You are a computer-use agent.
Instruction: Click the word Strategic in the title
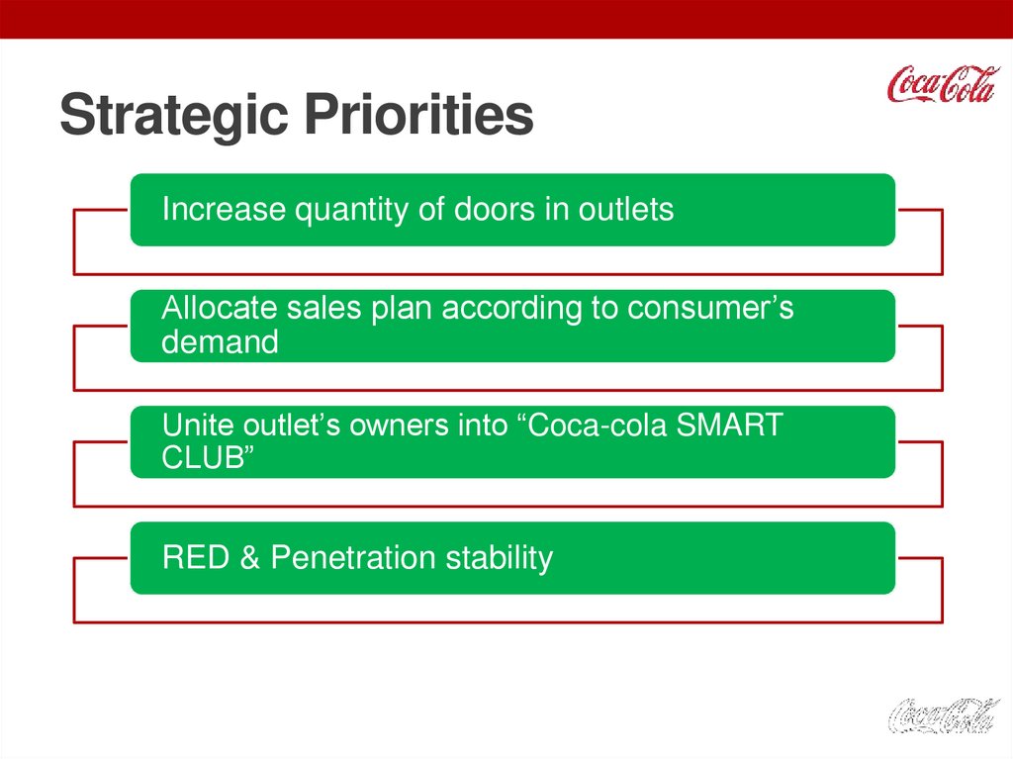pos(174,115)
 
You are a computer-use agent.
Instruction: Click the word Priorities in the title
pos(418,114)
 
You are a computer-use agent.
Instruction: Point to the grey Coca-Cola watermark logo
pos(943,715)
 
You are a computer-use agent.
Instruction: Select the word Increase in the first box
pos(224,210)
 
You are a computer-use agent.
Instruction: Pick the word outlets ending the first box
pos(625,210)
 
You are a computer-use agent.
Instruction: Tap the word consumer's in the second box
pos(710,309)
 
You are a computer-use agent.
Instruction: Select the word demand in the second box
pos(220,342)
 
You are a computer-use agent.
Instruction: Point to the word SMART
pos(729,426)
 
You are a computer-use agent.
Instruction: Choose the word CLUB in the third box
pos(203,458)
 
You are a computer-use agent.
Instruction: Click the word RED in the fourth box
pos(196,557)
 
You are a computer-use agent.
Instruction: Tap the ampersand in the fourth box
pos(250,557)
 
